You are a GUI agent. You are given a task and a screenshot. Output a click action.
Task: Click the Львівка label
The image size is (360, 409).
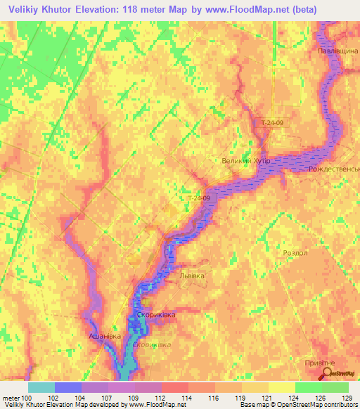(191, 275)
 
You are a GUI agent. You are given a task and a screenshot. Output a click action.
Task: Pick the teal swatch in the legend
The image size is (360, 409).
(41, 387)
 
